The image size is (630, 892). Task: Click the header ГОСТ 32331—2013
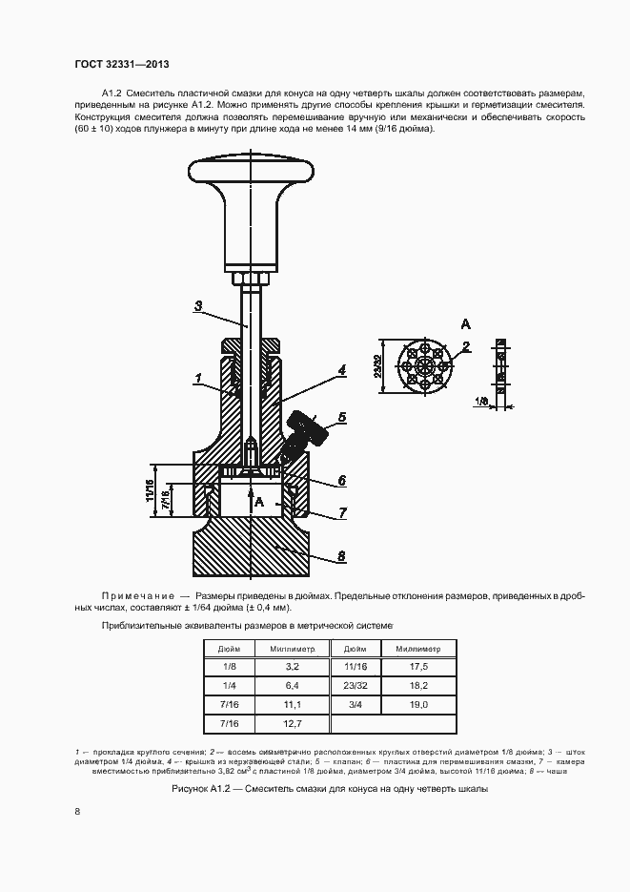click(x=121, y=65)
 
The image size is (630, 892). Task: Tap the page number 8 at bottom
click(x=77, y=811)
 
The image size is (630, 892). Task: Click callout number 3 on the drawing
click(x=197, y=306)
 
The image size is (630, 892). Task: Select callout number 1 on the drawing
click(x=196, y=379)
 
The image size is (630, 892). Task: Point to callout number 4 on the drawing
click(x=340, y=367)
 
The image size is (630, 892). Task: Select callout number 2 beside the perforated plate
click(x=465, y=346)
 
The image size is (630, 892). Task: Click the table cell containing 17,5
click(x=418, y=667)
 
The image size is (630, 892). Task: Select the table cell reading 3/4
click(x=355, y=704)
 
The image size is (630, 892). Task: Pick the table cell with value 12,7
click(x=292, y=724)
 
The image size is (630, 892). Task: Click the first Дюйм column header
click(x=229, y=649)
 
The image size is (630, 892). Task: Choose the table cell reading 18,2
click(x=418, y=686)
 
